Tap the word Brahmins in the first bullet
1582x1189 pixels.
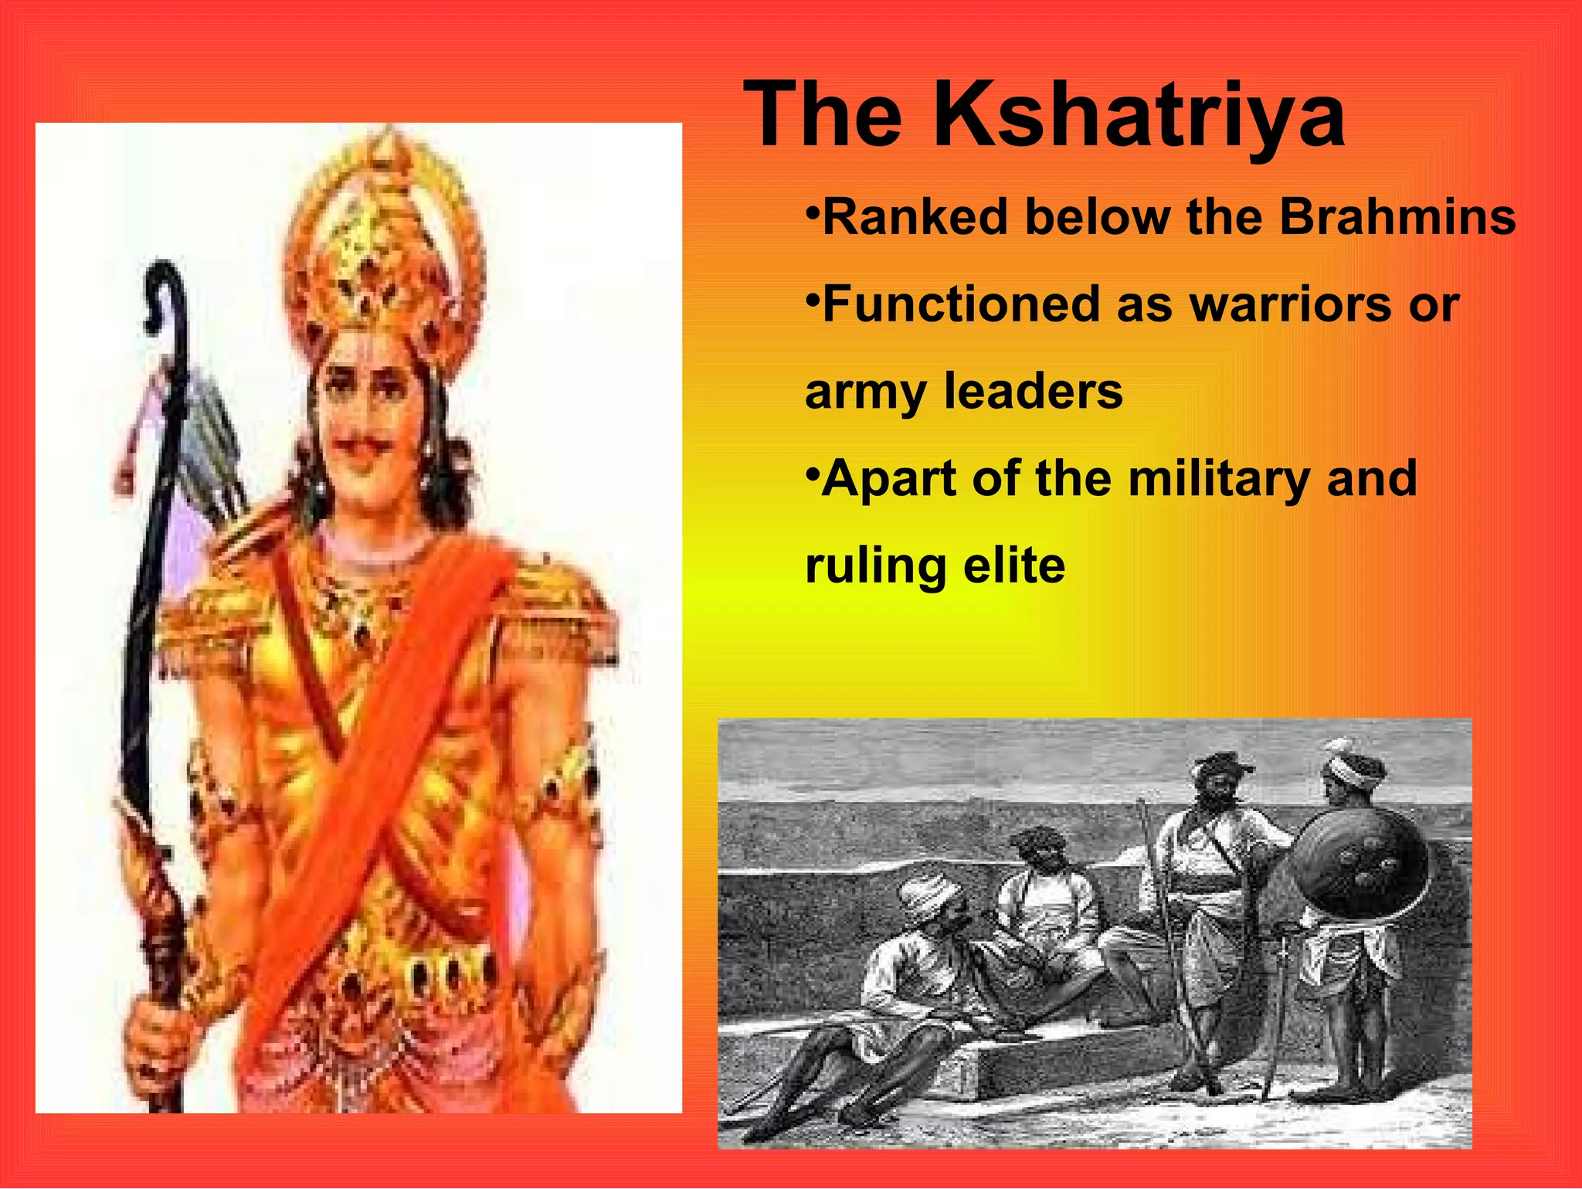pos(1397,217)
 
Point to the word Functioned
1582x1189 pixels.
pos(958,304)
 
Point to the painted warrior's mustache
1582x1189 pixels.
pos(370,444)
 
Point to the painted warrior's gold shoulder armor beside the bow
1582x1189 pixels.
pos(205,618)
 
